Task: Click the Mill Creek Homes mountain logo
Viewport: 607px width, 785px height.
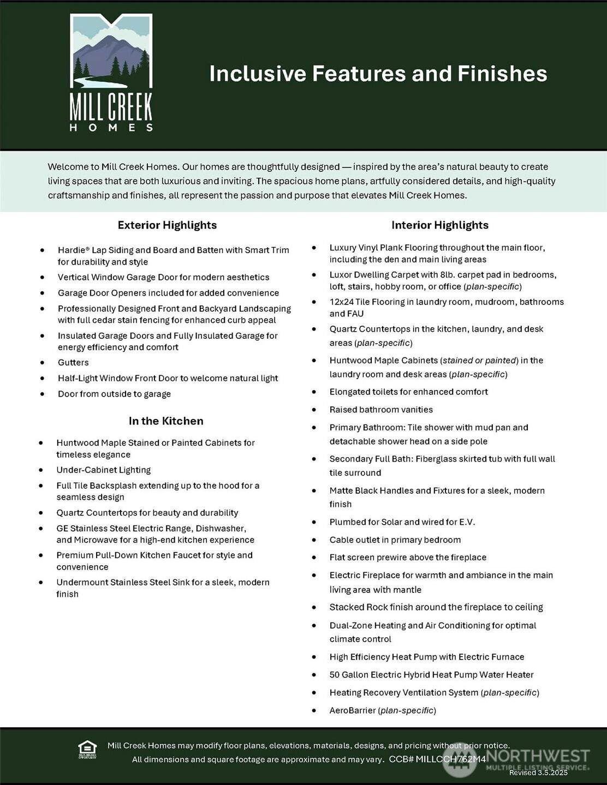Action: (x=111, y=52)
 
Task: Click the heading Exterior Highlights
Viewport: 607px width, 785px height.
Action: (x=167, y=225)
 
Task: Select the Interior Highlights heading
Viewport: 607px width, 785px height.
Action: (x=439, y=225)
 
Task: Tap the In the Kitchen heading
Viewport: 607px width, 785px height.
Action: (x=166, y=421)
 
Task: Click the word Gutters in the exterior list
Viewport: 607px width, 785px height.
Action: (x=73, y=363)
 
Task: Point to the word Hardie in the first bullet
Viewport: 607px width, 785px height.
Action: (x=72, y=250)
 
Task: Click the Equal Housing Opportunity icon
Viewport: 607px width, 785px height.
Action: (x=87, y=750)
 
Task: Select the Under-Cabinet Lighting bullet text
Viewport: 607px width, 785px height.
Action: (x=103, y=470)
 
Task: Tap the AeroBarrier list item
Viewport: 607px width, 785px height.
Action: (x=382, y=711)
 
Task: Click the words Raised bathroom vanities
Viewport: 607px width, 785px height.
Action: (x=380, y=410)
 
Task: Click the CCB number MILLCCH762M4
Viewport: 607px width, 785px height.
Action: (x=450, y=759)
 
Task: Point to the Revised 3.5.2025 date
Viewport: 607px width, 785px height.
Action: (x=538, y=772)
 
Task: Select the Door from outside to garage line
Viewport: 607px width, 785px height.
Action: (x=114, y=394)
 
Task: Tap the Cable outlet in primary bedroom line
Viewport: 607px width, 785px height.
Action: (x=395, y=540)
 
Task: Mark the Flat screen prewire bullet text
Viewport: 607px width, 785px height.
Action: (x=407, y=558)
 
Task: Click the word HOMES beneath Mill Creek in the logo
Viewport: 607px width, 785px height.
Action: (x=111, y=128)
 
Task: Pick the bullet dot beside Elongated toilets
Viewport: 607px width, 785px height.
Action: (x=314, y=392)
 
